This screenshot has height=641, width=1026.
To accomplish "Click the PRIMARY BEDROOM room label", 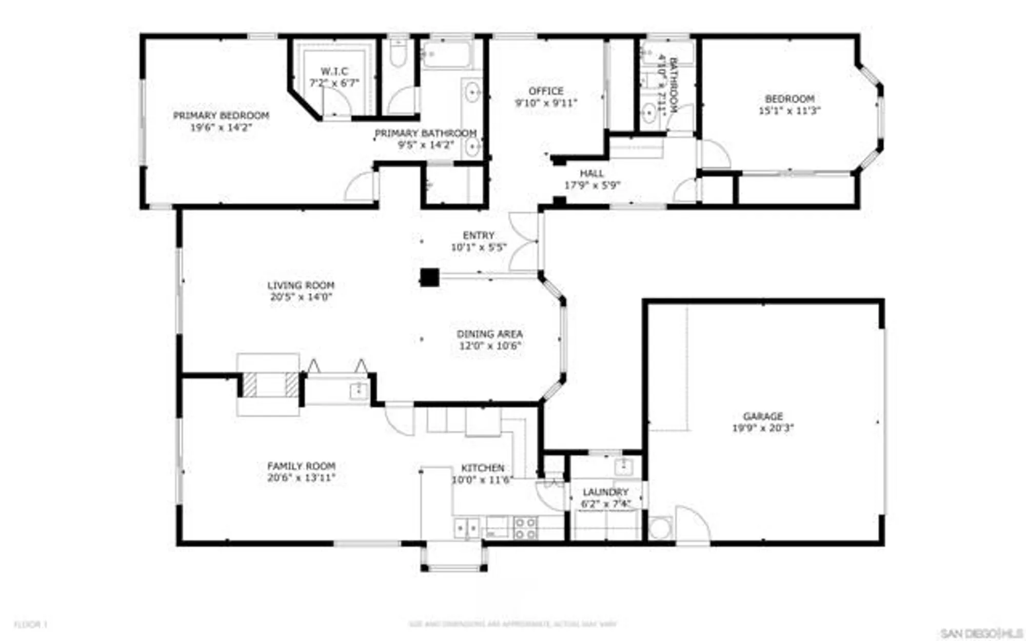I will [221, 115].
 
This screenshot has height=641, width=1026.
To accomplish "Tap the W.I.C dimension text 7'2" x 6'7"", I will [334, 83].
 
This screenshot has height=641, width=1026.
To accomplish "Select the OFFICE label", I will [546, 91].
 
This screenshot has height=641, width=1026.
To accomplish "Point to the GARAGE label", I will [763, 416].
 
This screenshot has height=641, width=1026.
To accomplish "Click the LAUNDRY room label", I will [605, 492].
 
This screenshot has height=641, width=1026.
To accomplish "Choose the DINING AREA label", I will [489, 334].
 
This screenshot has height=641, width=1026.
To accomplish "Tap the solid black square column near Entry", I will [429, 277].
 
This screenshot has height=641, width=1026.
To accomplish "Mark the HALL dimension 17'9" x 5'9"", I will [592, 186].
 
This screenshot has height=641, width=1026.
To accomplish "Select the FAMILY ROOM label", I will [301, 466].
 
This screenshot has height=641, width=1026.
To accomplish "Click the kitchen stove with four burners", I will [525, 528].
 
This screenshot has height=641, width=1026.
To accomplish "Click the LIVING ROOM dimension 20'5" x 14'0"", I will [301, 297].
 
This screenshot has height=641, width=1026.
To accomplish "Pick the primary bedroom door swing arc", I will [361, 187].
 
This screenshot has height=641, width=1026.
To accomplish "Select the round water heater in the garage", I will [660, 529].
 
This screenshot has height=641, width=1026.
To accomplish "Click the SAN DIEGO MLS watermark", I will [979, 633].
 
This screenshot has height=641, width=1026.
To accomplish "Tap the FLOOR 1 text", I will [30, 625].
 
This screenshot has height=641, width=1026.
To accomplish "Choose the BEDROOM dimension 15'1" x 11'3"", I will [790, 111].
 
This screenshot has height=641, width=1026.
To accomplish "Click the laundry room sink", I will [623, 467].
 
